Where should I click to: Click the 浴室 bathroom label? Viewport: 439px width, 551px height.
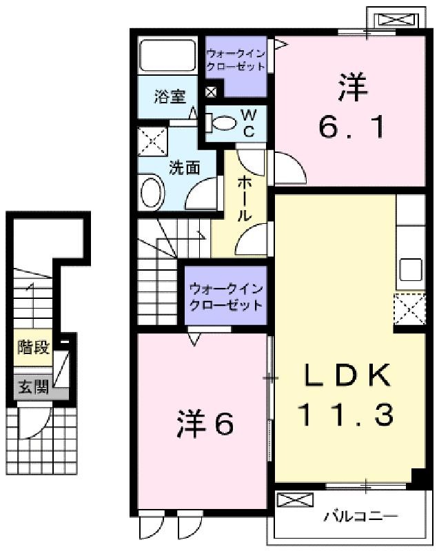click(x=170, y=96)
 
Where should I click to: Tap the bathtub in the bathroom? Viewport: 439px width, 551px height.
click(x=167, y=56)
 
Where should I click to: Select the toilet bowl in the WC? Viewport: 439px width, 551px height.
click(x=221, y=123)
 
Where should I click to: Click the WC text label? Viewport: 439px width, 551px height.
click(x=249, y=123)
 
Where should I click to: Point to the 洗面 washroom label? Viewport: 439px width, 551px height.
click(x=185, y=168)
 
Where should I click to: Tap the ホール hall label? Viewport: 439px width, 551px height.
click(x=244, y=199)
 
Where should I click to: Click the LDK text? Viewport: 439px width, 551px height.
click(x=347, y=375)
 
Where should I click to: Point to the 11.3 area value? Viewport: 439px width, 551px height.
click(x=346, y=415)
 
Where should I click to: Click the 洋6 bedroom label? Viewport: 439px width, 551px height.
click(x=205, y=424)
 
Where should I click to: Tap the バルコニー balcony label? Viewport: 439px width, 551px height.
click(x=360, y=516)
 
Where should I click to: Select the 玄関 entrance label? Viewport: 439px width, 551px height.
click(x=33, y=387)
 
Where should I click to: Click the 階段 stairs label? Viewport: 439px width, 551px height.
click(x=33, y=347)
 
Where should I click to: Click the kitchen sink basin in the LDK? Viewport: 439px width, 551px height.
click(x=411, y=269)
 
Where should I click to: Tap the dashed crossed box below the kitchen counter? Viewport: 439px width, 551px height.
click(x=409, y=309)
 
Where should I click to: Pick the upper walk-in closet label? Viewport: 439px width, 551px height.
click(x=235, y=60)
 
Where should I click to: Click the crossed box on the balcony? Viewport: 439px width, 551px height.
click(x=295, y=500)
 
